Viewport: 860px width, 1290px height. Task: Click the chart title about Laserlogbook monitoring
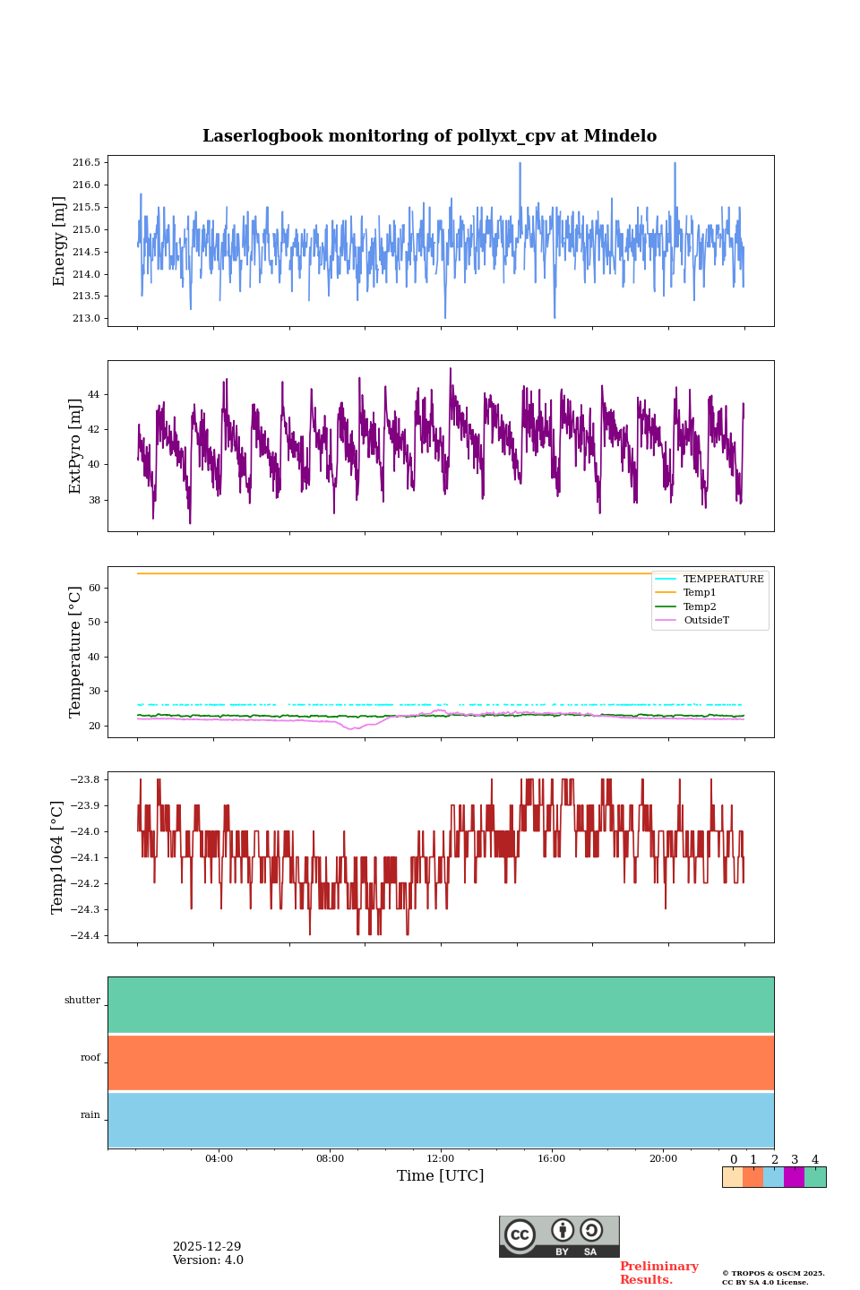tap(429, 136)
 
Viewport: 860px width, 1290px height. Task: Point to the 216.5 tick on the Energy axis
tap(87, 162)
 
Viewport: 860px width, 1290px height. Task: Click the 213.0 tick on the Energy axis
tap(87, 318)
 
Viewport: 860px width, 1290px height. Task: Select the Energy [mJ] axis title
tap(59, 241)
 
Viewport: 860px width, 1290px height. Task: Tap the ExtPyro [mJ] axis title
tap(75, 446)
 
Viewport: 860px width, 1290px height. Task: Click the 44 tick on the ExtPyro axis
tap(94, 394)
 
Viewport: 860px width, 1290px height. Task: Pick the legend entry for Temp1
tap(700, 593)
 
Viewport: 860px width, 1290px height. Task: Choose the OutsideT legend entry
tap(706, 620)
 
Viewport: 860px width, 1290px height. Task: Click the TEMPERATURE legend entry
tap(723, 580)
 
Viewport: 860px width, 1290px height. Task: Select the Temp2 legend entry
tap(700, 606)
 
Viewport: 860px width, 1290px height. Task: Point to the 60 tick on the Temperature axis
tap(94, 588)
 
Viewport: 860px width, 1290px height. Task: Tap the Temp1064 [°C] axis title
tap(58, 857)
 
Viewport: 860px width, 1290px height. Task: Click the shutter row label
tap(82, 1000)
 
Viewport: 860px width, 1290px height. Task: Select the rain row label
tap(90, 1114)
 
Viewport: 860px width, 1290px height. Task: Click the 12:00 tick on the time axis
tap(441, 1158)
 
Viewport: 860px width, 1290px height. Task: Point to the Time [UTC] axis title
tap(441, 1175)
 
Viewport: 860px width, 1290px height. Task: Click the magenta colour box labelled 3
tap(794, 1177)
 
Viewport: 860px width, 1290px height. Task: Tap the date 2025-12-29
tap(207, 1247)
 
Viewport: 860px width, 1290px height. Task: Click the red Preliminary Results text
tap(658, 1273)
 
